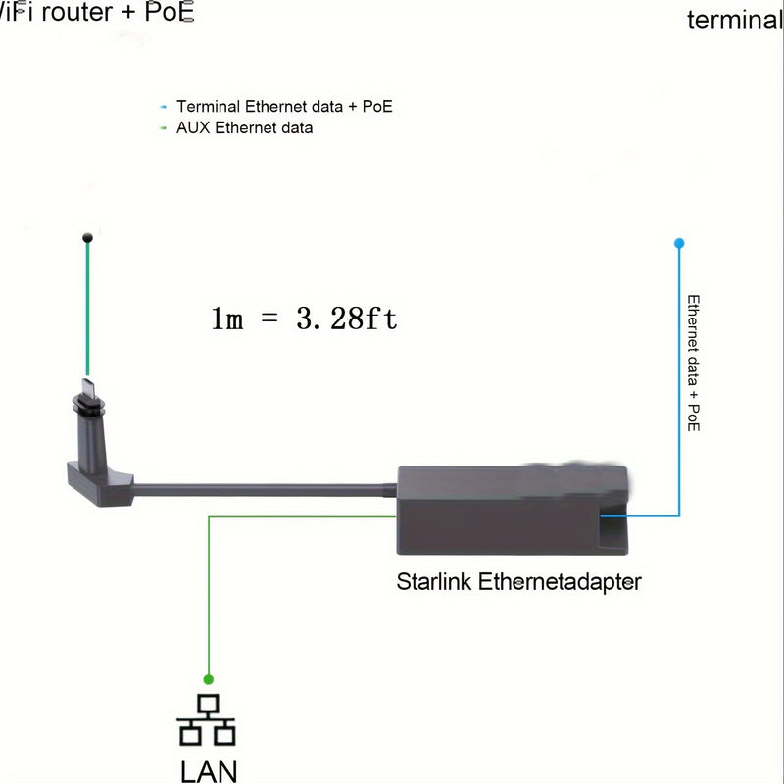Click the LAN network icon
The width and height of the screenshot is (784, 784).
[x=207, y=721]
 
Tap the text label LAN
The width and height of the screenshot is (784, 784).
[x=209, y=770]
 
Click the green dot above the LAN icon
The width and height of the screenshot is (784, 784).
[x=208, y=678]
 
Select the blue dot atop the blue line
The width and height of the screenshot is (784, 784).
[x=679, y=243]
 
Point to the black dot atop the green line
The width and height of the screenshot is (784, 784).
[x=88, y=236]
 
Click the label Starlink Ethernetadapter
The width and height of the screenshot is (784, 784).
[x=518, y=582]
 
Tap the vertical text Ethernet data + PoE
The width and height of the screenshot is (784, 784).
[x=693, y=364]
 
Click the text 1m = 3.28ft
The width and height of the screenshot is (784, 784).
[x=305, y=318]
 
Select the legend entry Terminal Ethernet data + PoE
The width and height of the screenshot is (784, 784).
[x=284, y=106]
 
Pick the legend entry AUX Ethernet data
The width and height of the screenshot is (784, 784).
[x=244, y=127]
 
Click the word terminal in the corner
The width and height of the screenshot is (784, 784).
[x=734, y=20]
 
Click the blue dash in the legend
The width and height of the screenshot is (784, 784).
[x=163, y=106]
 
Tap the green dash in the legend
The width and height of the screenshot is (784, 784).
[x=163, y=128]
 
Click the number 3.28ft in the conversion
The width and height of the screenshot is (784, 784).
[x=347, y=318]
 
